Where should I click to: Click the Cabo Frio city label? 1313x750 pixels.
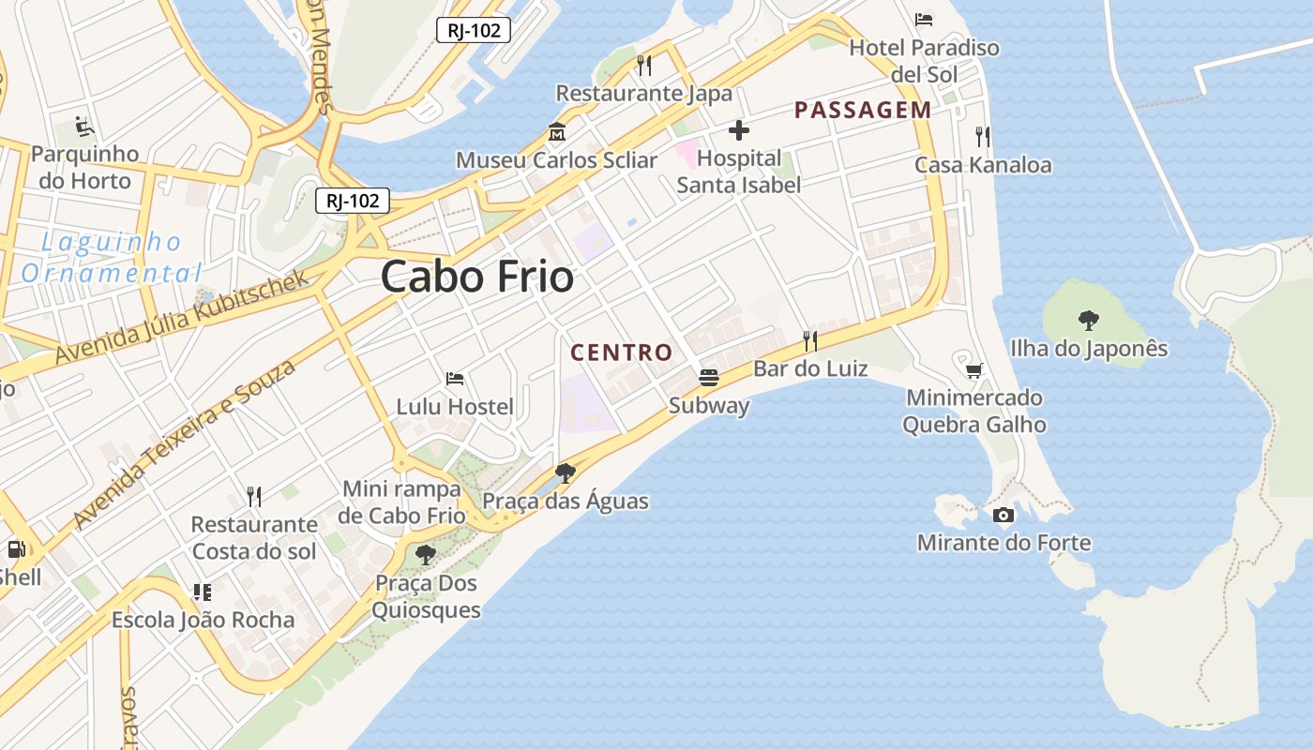(477, 277)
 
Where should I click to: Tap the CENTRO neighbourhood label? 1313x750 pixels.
(622, 352)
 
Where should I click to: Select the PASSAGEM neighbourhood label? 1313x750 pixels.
(863, 110)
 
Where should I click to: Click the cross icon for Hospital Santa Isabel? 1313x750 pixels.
(739, 130)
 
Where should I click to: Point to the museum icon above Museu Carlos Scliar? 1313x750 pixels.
(557, 132)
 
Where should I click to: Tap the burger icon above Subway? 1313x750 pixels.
(709, 378)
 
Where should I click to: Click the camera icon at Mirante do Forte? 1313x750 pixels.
(1004, 515)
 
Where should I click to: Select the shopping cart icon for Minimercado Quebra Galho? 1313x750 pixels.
(974, 370)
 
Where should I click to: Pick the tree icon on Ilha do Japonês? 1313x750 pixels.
(1089, 321)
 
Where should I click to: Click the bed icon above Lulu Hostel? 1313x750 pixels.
(455, 379)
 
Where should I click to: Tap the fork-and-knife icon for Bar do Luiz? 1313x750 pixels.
(810, 340)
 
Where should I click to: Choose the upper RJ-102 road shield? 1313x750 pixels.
(474, 30)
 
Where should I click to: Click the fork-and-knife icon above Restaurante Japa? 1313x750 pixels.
(644, 65)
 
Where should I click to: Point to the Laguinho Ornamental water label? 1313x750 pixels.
(112, 258)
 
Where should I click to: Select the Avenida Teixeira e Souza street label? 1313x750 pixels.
(185, 442)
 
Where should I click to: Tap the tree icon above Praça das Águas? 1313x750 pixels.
(565, 472)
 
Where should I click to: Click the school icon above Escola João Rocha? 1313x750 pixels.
(203, 592)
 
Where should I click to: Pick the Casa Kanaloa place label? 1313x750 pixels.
(983, 165)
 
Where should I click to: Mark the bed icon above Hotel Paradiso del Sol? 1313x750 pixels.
(924, 19)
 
